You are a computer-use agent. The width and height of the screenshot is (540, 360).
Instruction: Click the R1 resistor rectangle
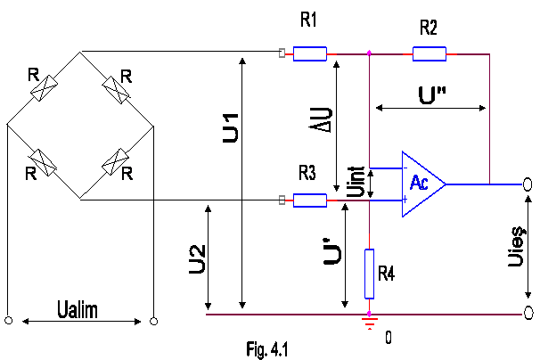(310, 54)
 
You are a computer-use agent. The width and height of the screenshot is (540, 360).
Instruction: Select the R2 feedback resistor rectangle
(430, 54)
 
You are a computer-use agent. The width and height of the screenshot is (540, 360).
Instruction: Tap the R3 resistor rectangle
(310, 200)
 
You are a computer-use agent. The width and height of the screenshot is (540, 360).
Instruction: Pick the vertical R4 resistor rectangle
(369, 274)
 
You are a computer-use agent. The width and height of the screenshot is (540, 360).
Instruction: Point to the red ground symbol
(370, 323)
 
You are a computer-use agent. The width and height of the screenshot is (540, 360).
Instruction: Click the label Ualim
(78, 309)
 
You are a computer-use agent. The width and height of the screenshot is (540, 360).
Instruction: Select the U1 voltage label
(231, 127)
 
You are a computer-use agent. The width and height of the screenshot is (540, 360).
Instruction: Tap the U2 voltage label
(197, 259)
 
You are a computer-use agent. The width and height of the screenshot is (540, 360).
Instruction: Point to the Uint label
(356, 182)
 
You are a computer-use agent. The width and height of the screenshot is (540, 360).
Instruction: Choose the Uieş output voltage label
(517, 246)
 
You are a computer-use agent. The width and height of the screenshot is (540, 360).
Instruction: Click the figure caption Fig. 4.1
(267, 349)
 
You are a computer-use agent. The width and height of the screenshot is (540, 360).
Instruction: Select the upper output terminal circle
(528, 184)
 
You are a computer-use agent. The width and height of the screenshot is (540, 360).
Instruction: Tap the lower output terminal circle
(528, 314)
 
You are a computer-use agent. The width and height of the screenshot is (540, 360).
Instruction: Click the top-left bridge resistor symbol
(44, 88)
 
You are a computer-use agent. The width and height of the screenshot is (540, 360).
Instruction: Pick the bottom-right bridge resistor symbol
(115, 162)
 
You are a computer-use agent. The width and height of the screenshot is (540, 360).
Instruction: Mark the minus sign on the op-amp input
(405, 168)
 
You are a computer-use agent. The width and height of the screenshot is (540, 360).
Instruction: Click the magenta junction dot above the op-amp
(369, 53)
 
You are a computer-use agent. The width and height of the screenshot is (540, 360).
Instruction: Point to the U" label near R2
(432, 95)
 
